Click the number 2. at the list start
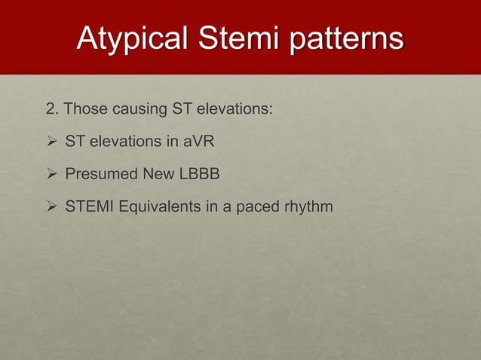tap(52, 110)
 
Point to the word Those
tap(86, 110)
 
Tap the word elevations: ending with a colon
tap(234, 110)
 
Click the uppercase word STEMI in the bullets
tap(87, 206)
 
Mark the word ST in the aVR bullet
tap(75, 142)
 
